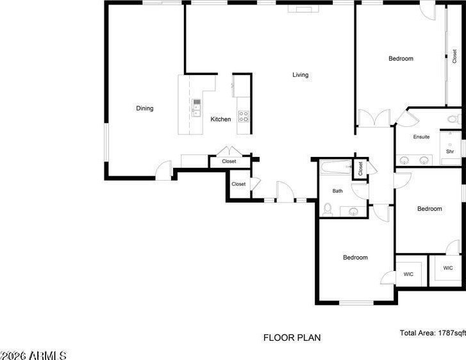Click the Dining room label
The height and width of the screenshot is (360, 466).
(145, 108)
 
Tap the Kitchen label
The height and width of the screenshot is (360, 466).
(221, 119)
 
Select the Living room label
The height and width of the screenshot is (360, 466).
(300, 75)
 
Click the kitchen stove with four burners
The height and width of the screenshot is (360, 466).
(244, 116)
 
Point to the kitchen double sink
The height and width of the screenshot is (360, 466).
(196, 108)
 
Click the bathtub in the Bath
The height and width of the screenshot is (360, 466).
(336, 167)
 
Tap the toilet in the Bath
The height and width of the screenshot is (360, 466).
(328, 209)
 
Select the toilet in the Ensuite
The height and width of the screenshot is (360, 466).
(454, 119)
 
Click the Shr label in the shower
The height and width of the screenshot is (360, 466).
(450, 151)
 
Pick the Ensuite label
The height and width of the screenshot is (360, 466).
(421, 137)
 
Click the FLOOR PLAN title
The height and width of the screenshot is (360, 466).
(292, 338)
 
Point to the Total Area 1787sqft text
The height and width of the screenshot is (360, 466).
(433, 333)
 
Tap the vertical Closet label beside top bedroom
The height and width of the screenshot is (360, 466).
(454, 56)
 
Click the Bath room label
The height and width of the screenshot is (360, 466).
(337, 191)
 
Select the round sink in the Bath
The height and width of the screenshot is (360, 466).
(353, 211)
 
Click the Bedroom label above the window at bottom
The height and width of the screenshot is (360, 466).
(355, 258)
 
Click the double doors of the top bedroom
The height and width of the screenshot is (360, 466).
(374, 118)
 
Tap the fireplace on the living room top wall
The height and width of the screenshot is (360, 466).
(303, 9)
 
